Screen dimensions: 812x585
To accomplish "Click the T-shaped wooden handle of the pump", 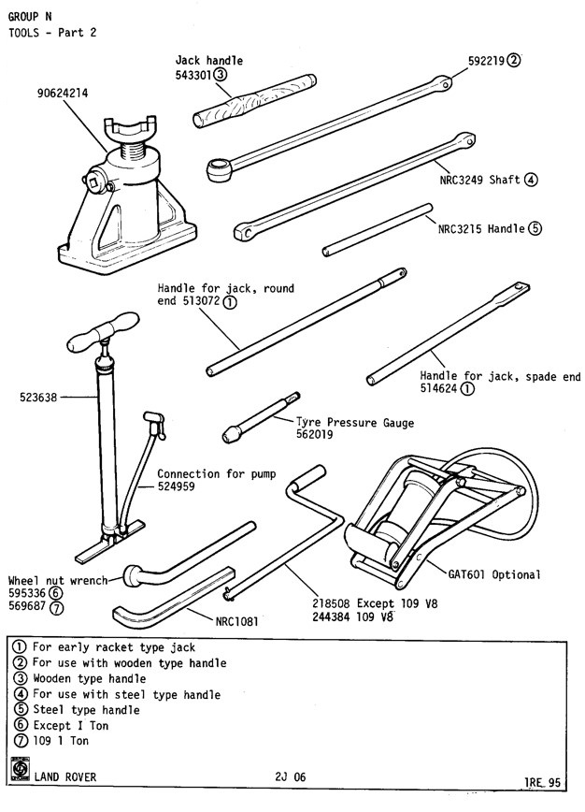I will click(97, 335).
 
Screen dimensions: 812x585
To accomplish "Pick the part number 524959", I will click(176, 486).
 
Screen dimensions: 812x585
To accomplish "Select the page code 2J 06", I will click(292, 776).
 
